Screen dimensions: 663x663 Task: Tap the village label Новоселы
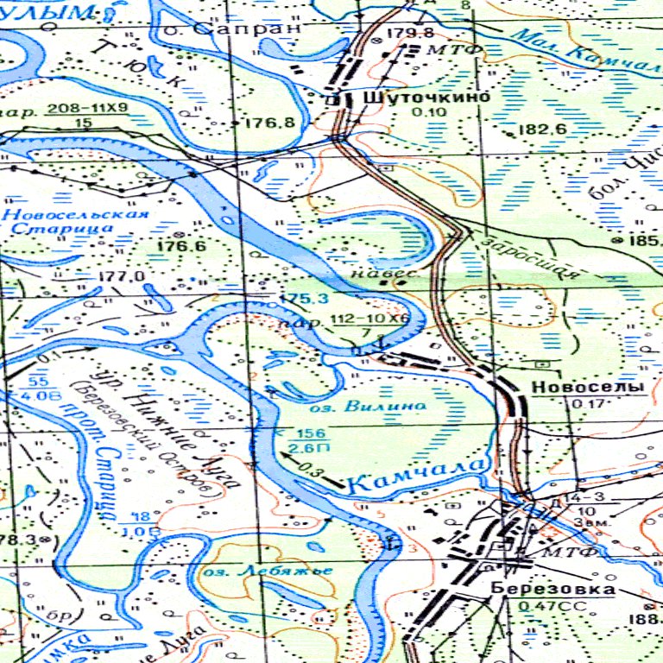(588, 388)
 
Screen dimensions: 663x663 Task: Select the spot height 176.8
(269, 123)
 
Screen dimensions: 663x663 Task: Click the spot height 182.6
(541, 129)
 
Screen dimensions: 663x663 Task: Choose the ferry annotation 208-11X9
(87, 108)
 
